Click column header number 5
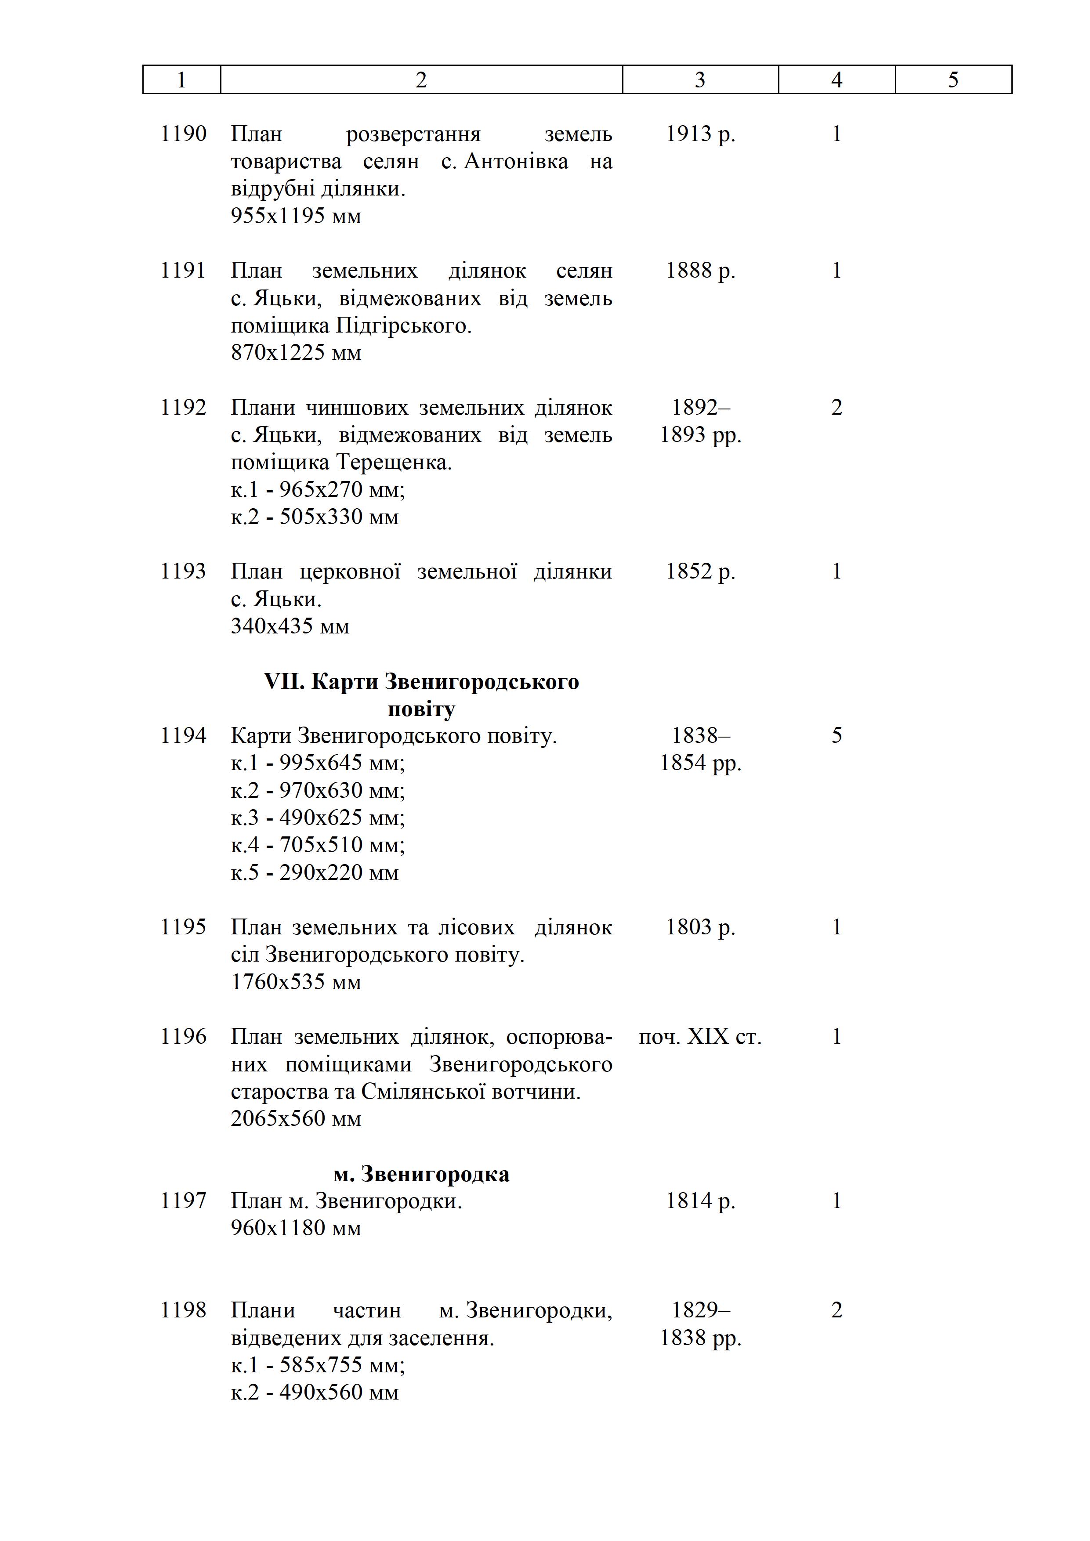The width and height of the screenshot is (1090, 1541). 953,80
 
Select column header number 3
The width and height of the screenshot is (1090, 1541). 700,80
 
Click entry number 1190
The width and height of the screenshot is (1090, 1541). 183,134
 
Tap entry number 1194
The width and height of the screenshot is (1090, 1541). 183,736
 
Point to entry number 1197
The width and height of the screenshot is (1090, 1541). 183,1200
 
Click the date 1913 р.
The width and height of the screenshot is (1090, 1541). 700,134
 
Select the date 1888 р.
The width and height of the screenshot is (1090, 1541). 700,271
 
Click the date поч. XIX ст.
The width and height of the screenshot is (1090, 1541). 700,1037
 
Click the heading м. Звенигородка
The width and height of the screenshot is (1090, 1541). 421,1174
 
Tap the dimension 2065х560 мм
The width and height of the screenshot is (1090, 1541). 296,1119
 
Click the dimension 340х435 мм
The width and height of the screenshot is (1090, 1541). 290,626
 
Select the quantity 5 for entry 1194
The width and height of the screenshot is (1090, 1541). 837,736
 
